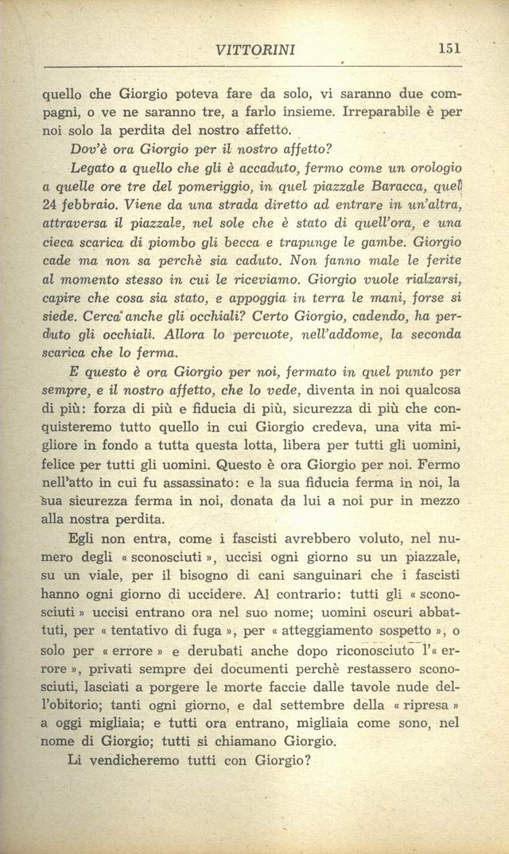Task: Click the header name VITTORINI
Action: point(255,50)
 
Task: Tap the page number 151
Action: point(450,48)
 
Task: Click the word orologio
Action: point(430,169)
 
